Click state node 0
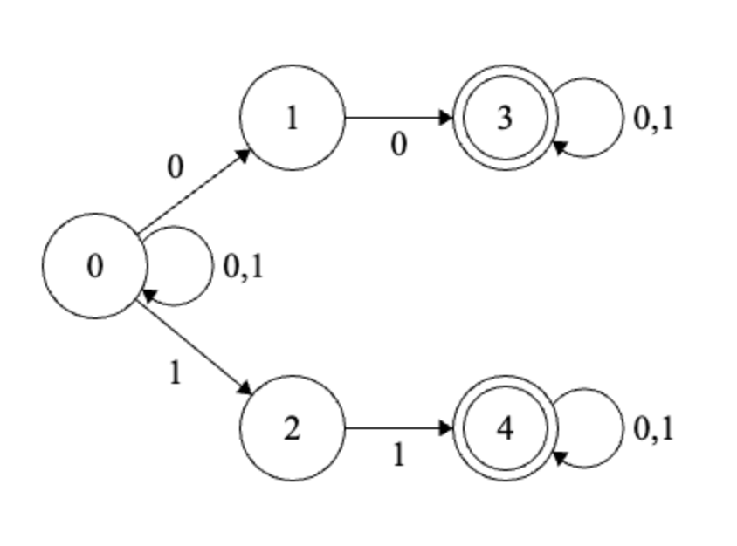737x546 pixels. pyautogui.click(x=95, y=266)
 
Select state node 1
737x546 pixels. pyautogui.click(x=292, y=118)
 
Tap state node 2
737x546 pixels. pyautogui.click(x=292, y=428)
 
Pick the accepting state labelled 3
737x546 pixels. pyautogui.click(x=505, y=118)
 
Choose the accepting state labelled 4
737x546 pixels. pyautogui.click(x=505, y=428)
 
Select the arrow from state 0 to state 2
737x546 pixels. pyautogui.click(x=194, y=345)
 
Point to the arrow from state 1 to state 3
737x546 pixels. pyautogui.click(x=398, y=118)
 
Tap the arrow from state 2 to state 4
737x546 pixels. pyautogui.click(x=398, y=428)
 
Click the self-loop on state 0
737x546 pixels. pyautogui.click(x=210, y=266)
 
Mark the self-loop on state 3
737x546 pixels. pyautogui.click(x=621, y=118)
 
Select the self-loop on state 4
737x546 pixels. pyautogui.click(x=621, y=428)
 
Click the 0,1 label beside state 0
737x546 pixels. pyautogui.click(x=244, y=267)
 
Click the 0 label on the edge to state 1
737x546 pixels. pyautogui.click(x=176, y=167)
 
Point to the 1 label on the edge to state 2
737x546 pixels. pyautogui.click(x=176, y=373)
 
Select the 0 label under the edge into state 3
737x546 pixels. pyautogui.click(x=398, y=145)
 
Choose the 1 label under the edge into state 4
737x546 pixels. pyautogui.click(x=398, y=454)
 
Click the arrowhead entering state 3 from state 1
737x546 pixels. pyautogui.click(x=447, y=118)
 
